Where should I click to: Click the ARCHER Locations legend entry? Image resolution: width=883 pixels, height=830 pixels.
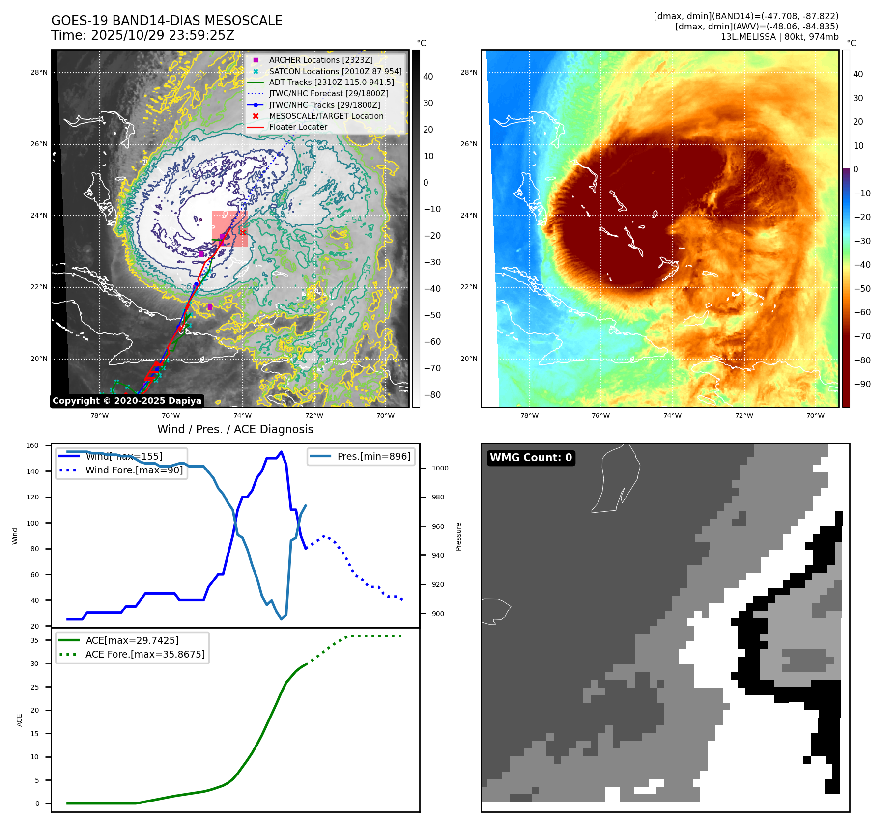(x=320, y=60)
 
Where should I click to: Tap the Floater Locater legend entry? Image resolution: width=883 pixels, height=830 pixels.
(x=298, y=127)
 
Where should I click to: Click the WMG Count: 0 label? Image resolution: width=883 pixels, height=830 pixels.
(x=531, y=458)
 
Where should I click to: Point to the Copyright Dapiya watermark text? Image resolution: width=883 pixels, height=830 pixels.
(x=127, y=401)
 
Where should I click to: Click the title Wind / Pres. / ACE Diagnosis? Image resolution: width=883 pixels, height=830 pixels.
(x=235, y=429)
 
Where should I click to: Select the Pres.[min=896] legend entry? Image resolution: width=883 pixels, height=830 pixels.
(x=373, y=456)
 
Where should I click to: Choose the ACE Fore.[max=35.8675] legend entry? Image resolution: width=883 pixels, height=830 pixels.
(x=145, y=654)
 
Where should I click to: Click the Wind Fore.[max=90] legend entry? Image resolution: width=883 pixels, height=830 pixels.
(x=134, y=470)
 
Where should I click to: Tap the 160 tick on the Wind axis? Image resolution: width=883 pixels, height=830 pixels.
(x=32, y=446)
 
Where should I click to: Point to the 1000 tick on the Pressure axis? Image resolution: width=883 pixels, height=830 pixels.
(x=440, y=468)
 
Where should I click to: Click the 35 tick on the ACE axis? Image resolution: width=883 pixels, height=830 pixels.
(x=34, y=640)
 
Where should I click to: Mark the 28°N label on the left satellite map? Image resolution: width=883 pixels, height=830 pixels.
(x=39, y=72)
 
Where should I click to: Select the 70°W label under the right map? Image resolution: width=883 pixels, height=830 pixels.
(x=815, y=415)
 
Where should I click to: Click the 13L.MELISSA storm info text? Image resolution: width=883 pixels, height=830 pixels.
(x=779, y=37)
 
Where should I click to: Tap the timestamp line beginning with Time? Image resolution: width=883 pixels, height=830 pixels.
(x=142, y=35)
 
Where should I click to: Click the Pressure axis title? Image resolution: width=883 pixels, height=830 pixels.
(x=458, y=536)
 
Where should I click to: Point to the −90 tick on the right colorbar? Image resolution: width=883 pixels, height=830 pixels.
(x=862, y=384)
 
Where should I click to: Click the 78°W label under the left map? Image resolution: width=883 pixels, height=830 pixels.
(x=100, y=415)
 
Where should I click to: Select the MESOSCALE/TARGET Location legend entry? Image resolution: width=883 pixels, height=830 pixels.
(x=326, y=116)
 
